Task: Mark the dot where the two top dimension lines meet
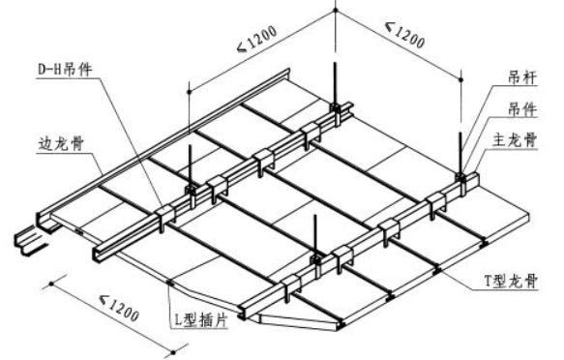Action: (336, 10)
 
